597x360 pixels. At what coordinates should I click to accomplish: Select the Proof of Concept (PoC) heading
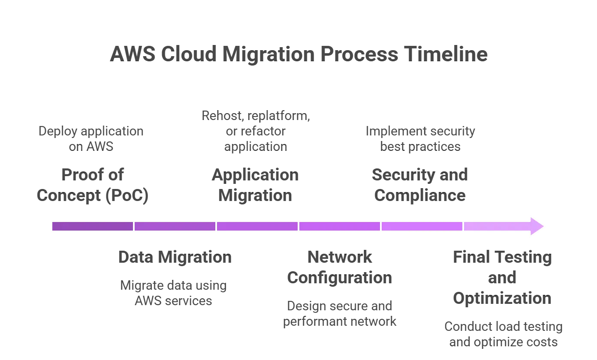pyautogui.click(x=92, y=185)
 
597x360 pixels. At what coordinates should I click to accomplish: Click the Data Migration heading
pyautogui.click(x=175, y=257)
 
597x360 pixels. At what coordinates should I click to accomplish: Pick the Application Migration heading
pyautogui.click(x=255, y=185)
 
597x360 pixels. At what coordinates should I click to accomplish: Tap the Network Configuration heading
pyautogui.click(x=339, y=267)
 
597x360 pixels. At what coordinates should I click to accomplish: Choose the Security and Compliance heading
pyautogui.click(x=419, y=185)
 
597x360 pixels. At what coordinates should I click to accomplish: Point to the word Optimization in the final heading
pyautogui.click(x=502, y=298)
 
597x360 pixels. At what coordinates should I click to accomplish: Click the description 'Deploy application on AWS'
pyautogui.click(x=91, y=139)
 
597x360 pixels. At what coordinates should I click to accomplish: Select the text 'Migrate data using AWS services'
pyautogui.click(x=173, y=293)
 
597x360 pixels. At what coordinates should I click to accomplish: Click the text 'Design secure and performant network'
pyautogui.click(x=339, y=314)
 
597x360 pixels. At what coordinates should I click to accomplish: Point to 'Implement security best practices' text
pyautogui.click(x=420, y=139)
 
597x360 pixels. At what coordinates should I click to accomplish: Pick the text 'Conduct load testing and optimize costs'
pyautogui.click(x=503, y=334)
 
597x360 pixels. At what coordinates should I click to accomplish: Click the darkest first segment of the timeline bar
pyautogui.click(x=92, y=226)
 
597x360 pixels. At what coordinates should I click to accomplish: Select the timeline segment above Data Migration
pyautogui.click(x=175, y=226)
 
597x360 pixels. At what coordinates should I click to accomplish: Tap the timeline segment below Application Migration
pyautogui.click(x=257, y=226)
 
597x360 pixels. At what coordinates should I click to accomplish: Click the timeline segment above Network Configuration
pyautogui.click(x=340, y=226)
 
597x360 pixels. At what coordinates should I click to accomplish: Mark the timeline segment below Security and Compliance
pyautogui.click(x=422, y=226)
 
